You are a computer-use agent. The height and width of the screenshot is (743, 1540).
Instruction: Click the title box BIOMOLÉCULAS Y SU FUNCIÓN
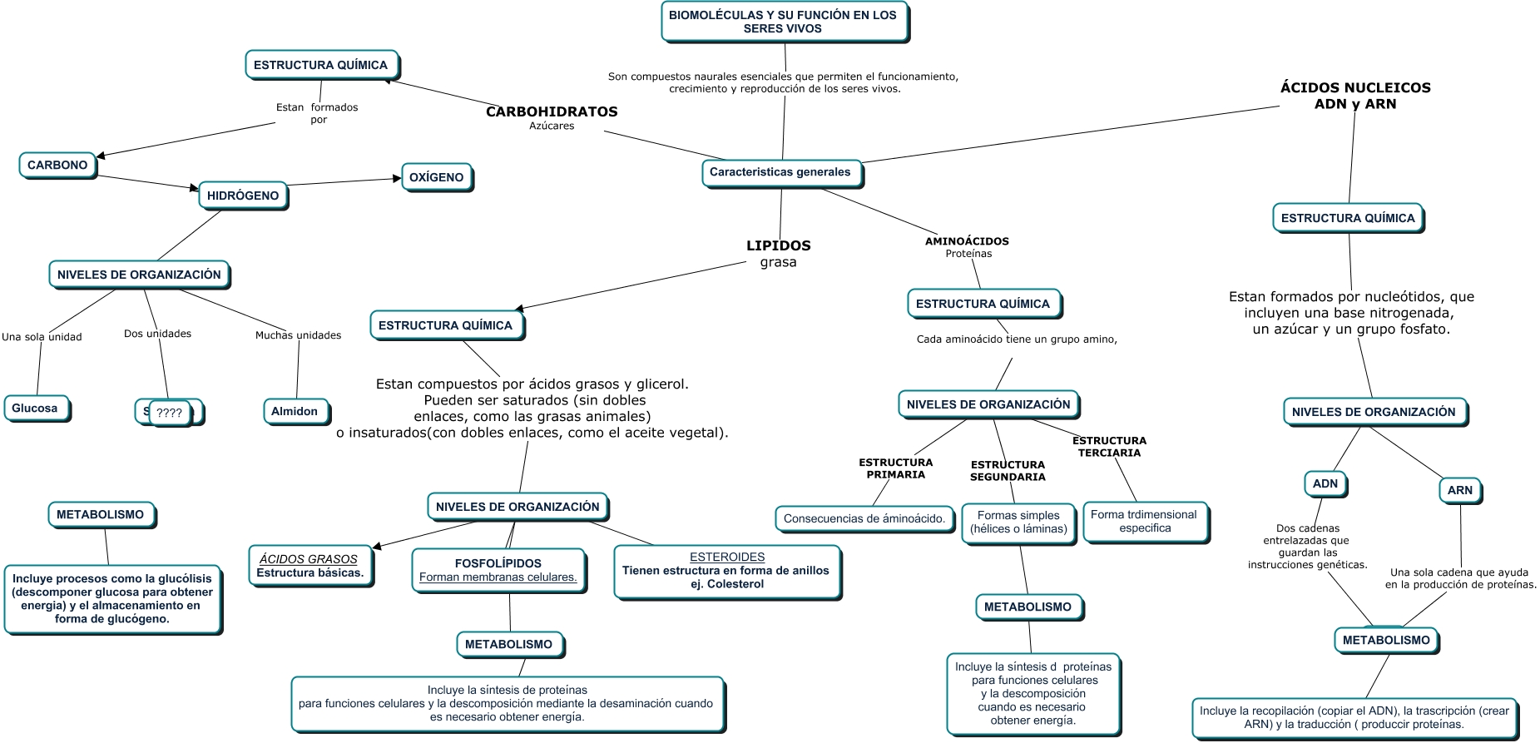(x=783, y=22)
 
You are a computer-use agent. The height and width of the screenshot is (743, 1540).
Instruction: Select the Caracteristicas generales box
(x=780, y=172)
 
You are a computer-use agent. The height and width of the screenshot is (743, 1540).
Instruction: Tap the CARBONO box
(x=57, y=165)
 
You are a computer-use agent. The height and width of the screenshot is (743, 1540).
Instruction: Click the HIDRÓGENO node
(x=243, y=196)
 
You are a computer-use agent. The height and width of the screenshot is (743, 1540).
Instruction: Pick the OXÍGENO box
(x=437, y=177)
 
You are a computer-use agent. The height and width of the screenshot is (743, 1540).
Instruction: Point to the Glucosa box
(x=35, y=409)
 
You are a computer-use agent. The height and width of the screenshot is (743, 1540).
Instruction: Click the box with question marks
(x=170, y=413)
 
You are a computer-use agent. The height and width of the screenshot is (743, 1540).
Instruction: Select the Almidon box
(x=295, y=411)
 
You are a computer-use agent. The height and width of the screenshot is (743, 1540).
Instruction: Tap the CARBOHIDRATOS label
(x=552, y=111)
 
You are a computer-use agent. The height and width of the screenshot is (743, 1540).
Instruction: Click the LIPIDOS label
(x=778, y=245)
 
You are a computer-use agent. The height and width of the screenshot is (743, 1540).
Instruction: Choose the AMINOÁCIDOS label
(x=967, y=241)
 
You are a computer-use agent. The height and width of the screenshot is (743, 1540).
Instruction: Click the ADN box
(x=1325, y=483)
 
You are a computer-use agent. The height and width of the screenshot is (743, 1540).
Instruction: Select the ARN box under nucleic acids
(x=1460, y=490)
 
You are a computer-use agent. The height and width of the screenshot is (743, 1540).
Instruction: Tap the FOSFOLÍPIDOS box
(x=498, y=570)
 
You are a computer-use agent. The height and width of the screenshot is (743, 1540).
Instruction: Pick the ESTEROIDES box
(x=726, y=570)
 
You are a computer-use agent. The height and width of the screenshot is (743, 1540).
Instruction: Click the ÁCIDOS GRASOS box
(x=309, y=566)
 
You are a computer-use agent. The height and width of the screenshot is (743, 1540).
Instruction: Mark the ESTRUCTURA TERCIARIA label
(x=1109, y=447)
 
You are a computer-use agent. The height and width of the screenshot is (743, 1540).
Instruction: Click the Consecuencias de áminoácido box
(x=864, y=518)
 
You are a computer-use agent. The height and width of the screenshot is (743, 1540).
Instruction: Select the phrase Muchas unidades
(x=298, y=335)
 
